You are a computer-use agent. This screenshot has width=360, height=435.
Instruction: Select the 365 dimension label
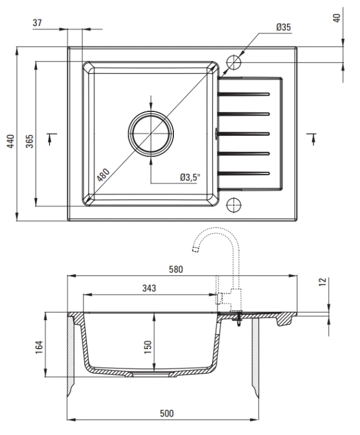tap(30, 141)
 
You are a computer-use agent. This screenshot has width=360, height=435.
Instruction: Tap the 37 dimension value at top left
tap(38, 23)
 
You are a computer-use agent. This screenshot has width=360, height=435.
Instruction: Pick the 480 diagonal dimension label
tap(103, 173)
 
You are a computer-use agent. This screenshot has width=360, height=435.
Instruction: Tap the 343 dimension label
tap(148, 288)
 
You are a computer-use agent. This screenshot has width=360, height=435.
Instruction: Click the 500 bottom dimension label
tap(166, 413)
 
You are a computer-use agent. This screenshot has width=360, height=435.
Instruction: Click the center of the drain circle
tap(151, 133)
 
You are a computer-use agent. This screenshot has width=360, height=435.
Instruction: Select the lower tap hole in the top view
tap(234, 204)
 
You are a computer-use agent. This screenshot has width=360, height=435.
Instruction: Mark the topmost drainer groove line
tap(244, 93)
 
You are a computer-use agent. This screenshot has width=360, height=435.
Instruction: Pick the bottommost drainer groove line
tap(244, 172)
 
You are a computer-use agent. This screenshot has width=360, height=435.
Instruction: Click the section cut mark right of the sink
tap(313, 139)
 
